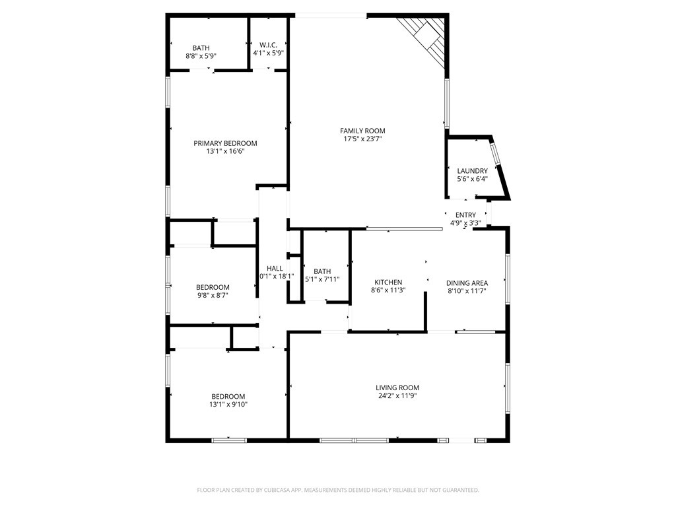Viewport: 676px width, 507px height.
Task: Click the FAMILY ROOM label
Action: (x=362, y=131)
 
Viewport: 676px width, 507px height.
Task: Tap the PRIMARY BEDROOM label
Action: (x=225, y=143)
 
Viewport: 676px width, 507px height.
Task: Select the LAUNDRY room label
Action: (x=473, y=171)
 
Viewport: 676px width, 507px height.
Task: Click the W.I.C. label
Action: (x=268, y=45)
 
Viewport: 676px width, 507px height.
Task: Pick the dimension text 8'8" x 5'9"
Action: (x=201, y=55)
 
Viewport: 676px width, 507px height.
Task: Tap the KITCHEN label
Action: (x=388, y=283)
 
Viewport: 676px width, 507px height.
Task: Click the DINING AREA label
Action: (x=467, y=283)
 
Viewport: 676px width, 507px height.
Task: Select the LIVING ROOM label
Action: (x=397, y=388)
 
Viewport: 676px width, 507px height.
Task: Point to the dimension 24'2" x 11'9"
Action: (x=397, y=396)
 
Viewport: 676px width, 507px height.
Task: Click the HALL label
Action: (x=275, y=268)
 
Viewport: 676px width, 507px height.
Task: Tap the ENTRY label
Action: (x=465, y=215)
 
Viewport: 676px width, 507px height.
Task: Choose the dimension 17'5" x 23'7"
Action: (x=362, y=139)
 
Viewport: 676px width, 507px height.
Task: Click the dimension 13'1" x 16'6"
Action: (x=225, y=151)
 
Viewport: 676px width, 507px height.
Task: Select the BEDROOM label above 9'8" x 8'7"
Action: (x=213, y=287)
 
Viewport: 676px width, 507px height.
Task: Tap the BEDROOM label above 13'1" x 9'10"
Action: (x=228, y=396)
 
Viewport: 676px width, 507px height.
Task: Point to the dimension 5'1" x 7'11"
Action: (x=322, y=279)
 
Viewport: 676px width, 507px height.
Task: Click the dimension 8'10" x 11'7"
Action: (x=467, y=291)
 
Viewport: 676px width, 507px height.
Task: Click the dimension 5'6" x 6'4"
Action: (x=473, y=179)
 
